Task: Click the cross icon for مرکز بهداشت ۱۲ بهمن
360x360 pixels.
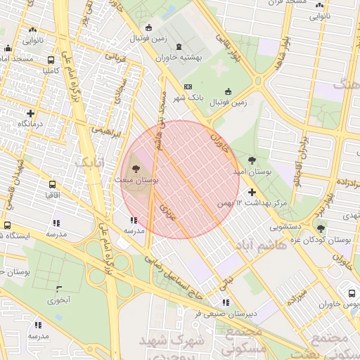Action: coord(252,192)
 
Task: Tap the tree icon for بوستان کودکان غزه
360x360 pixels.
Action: coord(321,228)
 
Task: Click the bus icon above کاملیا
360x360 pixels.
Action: coord(51,60)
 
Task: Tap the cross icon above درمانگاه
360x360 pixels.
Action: coord(30,113)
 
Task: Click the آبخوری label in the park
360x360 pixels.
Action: coord(59,300)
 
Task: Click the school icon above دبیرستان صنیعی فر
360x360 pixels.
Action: coord(226,303)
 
